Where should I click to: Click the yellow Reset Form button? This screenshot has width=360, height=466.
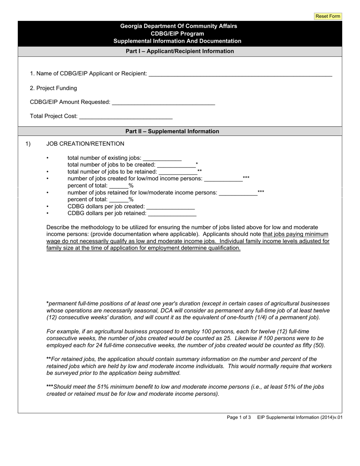328,16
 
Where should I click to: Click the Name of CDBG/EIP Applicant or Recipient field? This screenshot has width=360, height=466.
240,73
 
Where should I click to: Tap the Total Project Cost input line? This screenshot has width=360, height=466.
126,116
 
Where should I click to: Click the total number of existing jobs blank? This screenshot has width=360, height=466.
162,158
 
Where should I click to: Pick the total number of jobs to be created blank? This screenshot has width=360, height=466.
176,164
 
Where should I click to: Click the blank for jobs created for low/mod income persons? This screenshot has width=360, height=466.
223,178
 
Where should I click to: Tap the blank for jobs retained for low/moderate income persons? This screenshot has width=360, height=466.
238,192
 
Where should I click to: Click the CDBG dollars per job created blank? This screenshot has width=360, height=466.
170,206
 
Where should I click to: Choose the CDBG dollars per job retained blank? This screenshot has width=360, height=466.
172,213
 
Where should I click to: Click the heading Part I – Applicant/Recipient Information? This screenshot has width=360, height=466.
180,51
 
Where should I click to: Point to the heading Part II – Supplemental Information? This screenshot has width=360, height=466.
172,131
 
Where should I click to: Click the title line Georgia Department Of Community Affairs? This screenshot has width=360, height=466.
178,26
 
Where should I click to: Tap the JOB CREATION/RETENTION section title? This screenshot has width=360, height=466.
85,144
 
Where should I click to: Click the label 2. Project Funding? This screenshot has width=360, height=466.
53,88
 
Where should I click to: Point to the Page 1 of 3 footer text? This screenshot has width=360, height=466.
239,417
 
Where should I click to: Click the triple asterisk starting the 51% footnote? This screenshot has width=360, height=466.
50,387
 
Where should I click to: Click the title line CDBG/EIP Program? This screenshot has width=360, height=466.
178,33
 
